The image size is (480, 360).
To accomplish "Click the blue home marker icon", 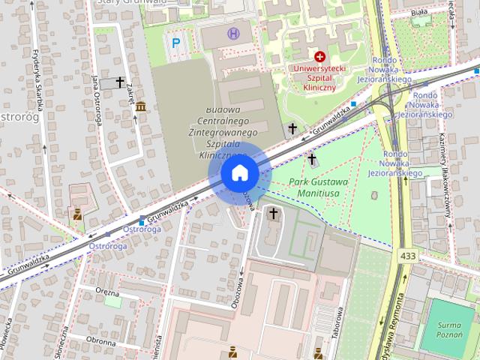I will click(x=240, y=173).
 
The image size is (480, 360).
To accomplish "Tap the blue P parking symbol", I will click(x=176, y=43).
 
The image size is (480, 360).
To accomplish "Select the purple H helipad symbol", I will click(x=234, y=33).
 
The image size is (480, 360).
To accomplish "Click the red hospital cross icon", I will click(x=320, y=56).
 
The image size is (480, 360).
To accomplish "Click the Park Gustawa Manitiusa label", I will click(x=318, y=187).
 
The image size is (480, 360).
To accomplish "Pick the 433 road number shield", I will click(x=407, y=256).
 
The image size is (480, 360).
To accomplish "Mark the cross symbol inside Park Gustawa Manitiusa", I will click(x=312, y=159).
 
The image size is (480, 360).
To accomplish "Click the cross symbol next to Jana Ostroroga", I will click(x=119, y=82).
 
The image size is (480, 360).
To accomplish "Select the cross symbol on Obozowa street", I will click(x=273, y=214).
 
